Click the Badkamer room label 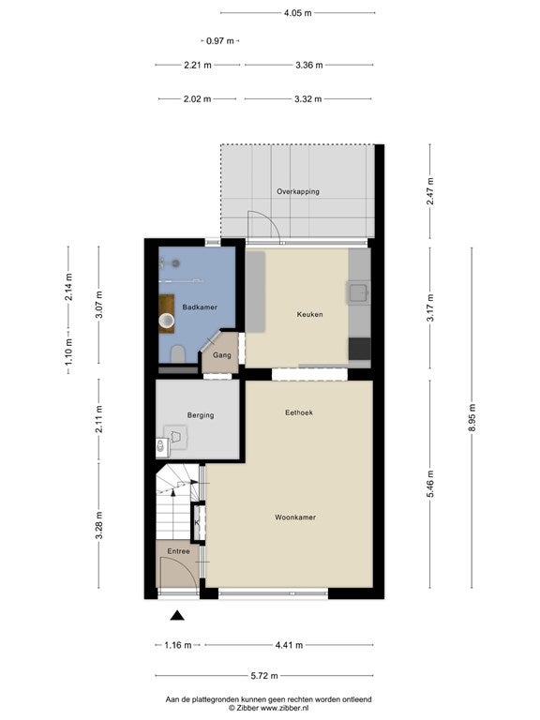200,307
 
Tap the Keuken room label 310,315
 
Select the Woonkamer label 295,517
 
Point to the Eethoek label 299,412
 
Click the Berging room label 201,415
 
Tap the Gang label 222,355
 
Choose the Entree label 179,551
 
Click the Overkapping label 298,192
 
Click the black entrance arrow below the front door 177,616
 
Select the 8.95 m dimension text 472,418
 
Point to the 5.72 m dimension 264,675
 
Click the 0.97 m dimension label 220,41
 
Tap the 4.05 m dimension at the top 297,13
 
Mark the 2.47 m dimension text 430,191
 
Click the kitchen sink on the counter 358,292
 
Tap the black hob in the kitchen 360,349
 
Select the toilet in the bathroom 177,354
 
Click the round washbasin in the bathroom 167,321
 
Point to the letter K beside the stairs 197,522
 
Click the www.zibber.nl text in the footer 279,708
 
